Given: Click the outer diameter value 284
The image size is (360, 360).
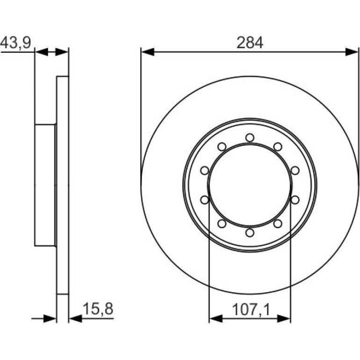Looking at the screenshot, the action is (x=250, y=43).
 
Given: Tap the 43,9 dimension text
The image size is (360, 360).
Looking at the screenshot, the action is (x=15, y=43).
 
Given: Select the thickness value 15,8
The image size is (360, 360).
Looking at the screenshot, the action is (x=98, y=309).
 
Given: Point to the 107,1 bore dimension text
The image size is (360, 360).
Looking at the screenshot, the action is (x=251, y=310).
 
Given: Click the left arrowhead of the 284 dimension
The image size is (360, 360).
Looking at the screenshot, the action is (x=148, y=52).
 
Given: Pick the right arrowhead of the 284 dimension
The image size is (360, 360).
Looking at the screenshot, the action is (x=352, y=52).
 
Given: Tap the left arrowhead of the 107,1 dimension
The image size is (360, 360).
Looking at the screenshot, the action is (x=216, y=318).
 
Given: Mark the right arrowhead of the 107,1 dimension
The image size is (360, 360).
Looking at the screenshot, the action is (x=284, y=318).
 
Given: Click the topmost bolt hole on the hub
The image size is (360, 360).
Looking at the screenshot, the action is (x=250, y=138).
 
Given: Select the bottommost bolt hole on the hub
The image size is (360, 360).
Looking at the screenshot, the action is (x=250, y=232).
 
